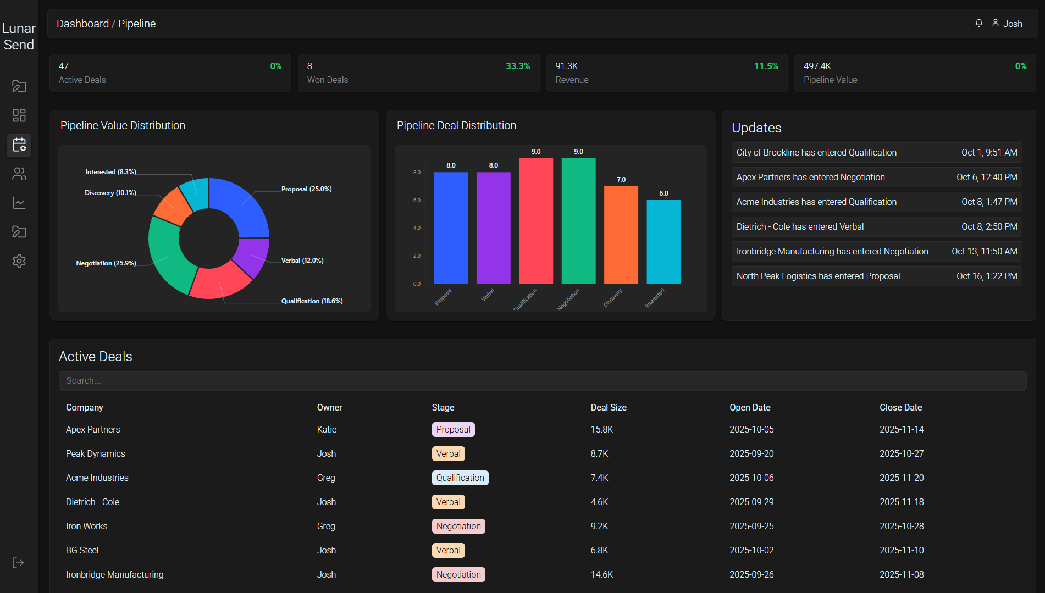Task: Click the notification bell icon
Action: point(979,23)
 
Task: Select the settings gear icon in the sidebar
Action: point(19,261)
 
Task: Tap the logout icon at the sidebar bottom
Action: point(18,563)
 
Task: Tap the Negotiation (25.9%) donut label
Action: point(106,263)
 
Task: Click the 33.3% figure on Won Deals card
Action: point(518,66)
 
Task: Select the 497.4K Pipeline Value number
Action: point(817,66)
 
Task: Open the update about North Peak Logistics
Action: point(818,276)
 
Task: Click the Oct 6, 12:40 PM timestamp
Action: point(987,177)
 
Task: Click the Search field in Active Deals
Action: point(542,380)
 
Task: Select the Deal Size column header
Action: point(609,407)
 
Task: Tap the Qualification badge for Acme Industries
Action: point(460,478)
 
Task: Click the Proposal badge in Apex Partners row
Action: point(453,429)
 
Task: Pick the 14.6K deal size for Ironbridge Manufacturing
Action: point(602,574)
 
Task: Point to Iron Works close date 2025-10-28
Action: point(902,526)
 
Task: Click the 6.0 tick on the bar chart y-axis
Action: point(417,201)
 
